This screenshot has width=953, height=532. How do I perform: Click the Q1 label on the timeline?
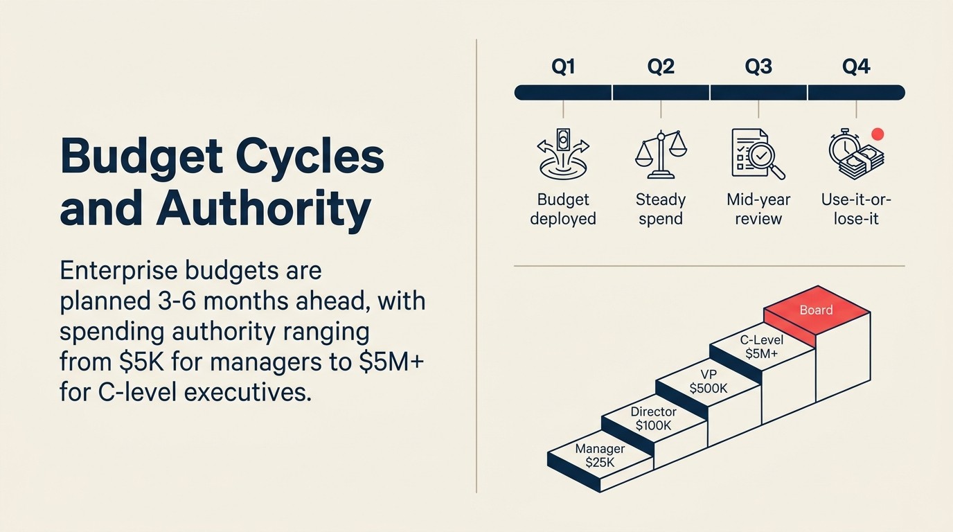pos(563,67)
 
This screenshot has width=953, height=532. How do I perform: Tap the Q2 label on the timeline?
pos(661,67)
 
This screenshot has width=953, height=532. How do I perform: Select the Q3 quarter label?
pos(758,67)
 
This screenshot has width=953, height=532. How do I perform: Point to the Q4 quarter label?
pos(856,67)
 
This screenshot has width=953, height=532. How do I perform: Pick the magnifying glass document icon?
pos(758,154)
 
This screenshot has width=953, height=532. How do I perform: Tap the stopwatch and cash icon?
pos(856,155)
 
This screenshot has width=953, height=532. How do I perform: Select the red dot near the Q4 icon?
pos(878,134)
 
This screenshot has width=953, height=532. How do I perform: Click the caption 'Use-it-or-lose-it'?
pos(856,209)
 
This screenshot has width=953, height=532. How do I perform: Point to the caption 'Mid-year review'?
pos(758,209)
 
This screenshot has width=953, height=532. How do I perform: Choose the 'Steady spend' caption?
pos(661,209)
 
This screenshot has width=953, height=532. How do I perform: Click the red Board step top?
pos(817,311)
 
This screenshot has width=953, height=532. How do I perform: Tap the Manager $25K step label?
pos(600,456)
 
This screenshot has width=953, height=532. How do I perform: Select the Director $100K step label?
pos(653,419)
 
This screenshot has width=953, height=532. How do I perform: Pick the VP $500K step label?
pos(709,382)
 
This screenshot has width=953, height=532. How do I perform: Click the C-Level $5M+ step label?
pos(762,347)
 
